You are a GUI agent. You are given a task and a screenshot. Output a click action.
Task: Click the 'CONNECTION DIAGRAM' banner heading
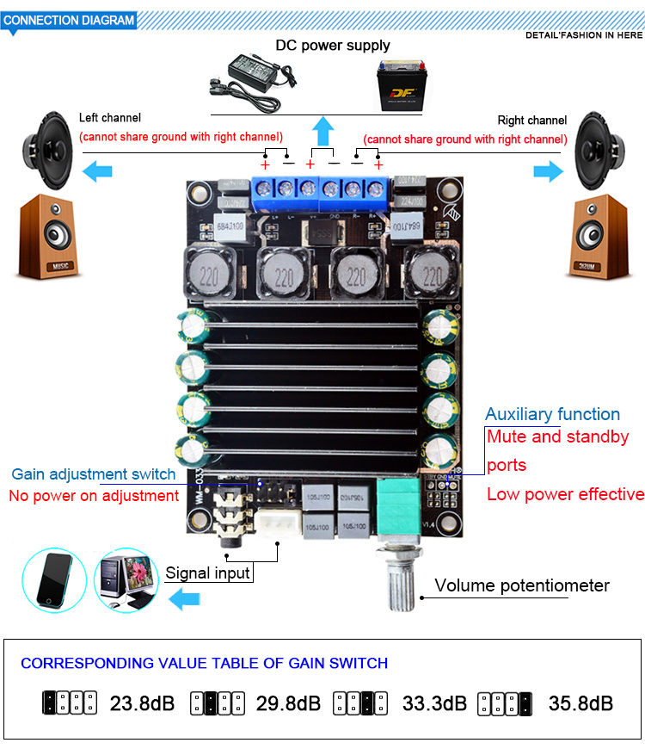pos(70,20)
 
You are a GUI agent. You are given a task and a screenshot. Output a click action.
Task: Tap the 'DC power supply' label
pos(332,46)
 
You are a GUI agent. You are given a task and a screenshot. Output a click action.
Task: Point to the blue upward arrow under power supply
pos(323,132)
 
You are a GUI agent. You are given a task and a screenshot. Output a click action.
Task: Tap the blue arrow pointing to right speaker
pos(547,171)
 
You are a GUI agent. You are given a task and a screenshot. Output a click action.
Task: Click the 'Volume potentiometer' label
pos(521,585)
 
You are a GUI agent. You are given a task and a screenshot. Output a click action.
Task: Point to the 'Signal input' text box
pos(208,573)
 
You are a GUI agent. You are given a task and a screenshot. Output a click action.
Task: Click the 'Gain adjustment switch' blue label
pos(93,474)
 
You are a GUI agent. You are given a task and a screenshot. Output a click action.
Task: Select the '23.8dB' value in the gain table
pos(142,703)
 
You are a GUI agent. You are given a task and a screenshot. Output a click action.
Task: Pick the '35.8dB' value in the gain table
pos(580,703)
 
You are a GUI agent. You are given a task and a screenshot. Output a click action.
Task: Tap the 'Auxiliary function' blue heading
pos(552,414)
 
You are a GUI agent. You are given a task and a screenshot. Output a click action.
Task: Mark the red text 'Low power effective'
pos(565,494)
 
